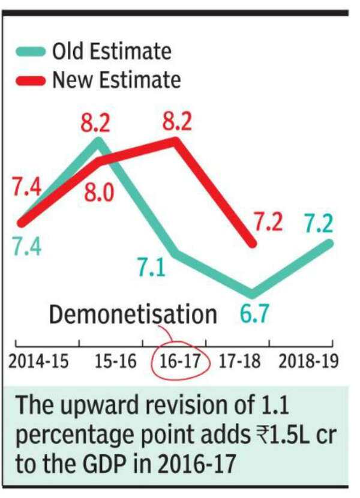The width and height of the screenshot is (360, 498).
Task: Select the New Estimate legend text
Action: (x=116, y=80)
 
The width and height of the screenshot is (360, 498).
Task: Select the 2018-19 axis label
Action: (x=307, y=362)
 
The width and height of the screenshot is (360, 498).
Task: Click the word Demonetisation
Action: (x=133, y=315)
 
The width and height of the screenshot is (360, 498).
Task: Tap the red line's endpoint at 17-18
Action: (x=252, y=243)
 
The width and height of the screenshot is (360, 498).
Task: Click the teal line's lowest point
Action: (x=252, y=294)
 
